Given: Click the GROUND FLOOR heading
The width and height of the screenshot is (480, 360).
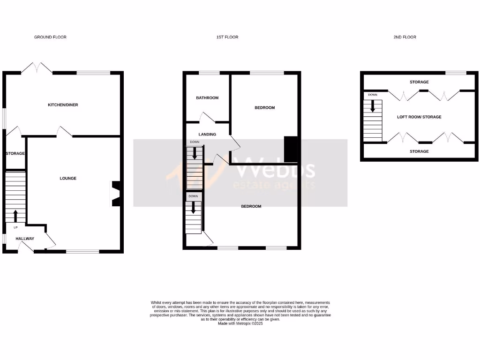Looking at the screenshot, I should coord(50,37).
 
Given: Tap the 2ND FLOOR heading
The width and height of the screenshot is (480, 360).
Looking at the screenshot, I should coord(405,37).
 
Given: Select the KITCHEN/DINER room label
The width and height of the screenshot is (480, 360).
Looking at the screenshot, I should coord(63,105).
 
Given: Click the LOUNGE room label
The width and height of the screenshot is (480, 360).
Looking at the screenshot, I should coord(68,178).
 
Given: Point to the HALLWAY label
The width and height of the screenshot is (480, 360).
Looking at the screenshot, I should coord(25,239).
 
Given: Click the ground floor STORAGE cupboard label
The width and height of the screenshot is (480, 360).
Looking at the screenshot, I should coord(15,153).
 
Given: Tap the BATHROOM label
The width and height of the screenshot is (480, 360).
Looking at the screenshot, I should coord(207,98).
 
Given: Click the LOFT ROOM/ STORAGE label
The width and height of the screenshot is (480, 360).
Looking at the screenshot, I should coord(419,117).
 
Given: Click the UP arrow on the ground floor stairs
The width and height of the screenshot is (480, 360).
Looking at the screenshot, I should coord(15,216).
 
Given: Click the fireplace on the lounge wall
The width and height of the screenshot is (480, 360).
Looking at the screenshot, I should coord(115,193).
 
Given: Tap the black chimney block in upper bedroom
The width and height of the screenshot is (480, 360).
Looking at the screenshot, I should coord(291,150).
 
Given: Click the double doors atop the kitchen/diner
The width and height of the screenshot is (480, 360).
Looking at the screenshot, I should coord(37,68).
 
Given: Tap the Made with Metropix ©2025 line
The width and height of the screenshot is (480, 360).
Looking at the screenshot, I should coord(240,323).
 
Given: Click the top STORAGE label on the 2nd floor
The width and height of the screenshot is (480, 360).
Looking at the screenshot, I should coord(419,82).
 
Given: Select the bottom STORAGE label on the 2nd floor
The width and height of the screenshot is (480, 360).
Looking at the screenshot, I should coord(419,151).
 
